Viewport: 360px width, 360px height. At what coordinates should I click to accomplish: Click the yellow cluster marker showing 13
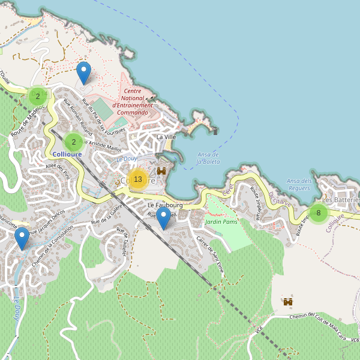pyautogui.click(x=138, y=179)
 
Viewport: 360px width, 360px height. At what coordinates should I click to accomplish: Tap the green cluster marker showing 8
pyautogui.click(x=318, y=212)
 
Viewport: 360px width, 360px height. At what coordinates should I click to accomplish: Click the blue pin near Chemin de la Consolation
pyautogui.click(x=22, y=238)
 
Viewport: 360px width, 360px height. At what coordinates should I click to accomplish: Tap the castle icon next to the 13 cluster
pyautogui.click(x=161, y=171)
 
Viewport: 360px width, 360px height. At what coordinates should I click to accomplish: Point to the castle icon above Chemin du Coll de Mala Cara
pyautogui.click(x=288, y=301)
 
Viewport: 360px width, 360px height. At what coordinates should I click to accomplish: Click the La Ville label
pyautogui.click(x=166, y=137)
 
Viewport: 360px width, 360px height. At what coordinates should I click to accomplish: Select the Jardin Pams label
pyautogui.click(x=221, y=222)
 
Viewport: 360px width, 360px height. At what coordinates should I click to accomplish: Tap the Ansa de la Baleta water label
pyautogui.click(x=208, y=158)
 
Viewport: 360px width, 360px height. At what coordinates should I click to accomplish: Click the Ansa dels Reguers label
pyautogui.click(x=299, y=184)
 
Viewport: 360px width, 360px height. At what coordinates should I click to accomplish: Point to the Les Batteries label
pyautogui.click(x=340, y=200)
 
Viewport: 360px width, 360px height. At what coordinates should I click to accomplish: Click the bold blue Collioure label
pyautogui.click(x=67, y=154)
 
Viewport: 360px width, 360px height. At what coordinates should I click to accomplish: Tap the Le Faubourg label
pyautogui.click(x=165, y=205)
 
